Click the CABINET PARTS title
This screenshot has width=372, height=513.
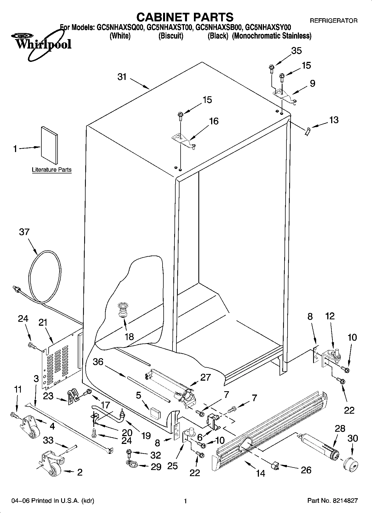coord(185,17)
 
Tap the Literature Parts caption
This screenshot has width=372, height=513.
coord(52,170)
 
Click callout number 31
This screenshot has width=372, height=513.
coord(122,77)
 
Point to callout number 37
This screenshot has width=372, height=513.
coord(24,232)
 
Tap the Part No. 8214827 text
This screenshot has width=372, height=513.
coord(332,501)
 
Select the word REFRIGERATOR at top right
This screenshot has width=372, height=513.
coord(333,21)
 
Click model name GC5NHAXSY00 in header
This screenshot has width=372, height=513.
coord(268,27)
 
